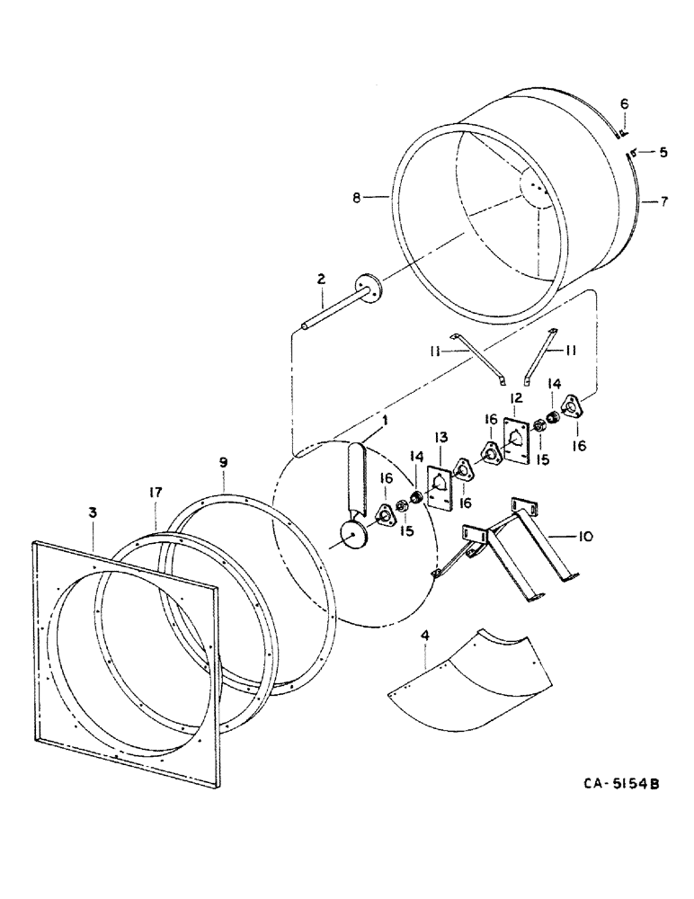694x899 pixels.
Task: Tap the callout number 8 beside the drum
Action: (357, 198)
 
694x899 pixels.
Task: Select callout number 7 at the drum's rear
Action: (664, 201)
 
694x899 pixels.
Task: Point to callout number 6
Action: (625, 106)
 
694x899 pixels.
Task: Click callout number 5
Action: (663, 153)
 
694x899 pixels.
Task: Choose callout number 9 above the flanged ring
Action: (224, 463)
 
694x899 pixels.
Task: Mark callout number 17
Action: (156, 493)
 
